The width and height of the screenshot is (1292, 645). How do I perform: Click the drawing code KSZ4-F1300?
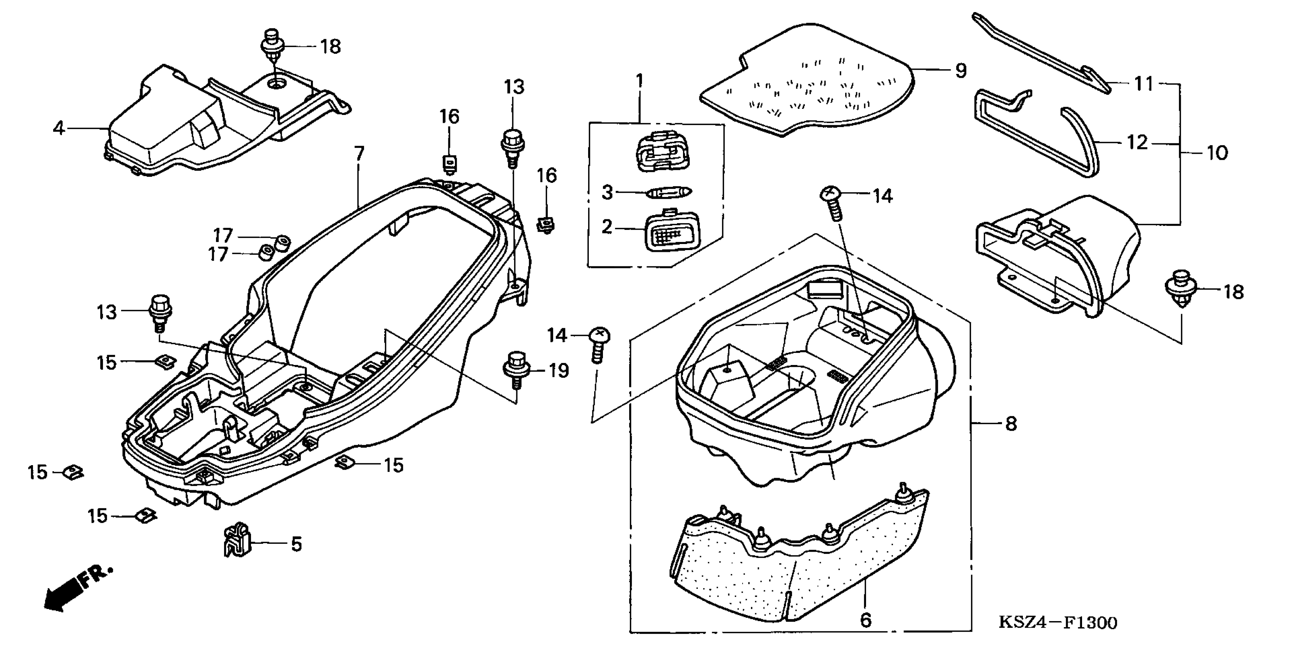click(x=1058, y=623)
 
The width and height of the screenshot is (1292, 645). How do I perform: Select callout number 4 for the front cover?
click(x=59, y=129)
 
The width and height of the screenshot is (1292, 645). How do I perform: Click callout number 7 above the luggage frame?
click(x=359, y=153)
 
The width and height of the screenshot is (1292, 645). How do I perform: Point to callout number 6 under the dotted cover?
click(x=866, y=620)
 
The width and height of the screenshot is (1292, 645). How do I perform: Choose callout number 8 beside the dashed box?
click(x=1011, y=424)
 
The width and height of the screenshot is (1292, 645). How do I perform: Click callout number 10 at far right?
click(x=1217, y=153)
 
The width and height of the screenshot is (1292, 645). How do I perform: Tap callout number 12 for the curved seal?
click(x=1137, y=142)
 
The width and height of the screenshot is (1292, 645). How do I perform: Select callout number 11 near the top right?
click(x=1144, y=84)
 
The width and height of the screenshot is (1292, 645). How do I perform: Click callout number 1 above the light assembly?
click(x=639, y=81)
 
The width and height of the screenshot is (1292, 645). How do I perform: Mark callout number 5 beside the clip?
click(x=297, y=544)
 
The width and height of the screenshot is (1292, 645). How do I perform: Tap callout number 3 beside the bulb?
click(x=607, y=192)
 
